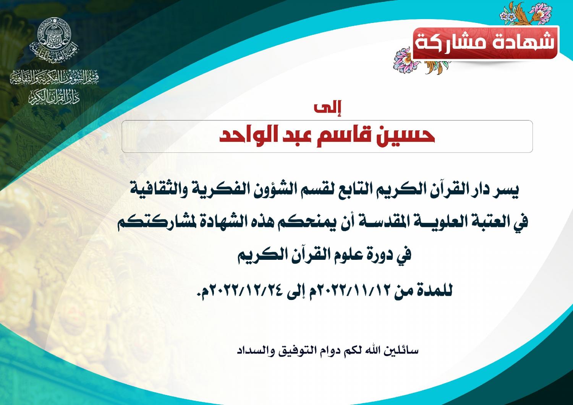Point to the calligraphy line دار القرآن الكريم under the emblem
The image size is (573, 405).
pos(54,97)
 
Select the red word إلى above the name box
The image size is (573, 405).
pos(327,108)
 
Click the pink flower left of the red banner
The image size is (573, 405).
pos(403,59)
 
